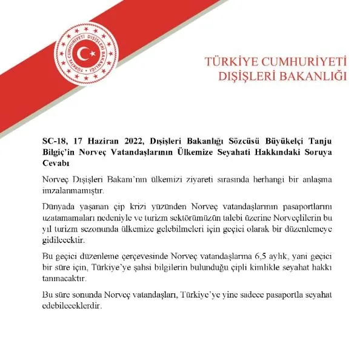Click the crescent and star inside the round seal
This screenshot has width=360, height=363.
(90, 53)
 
